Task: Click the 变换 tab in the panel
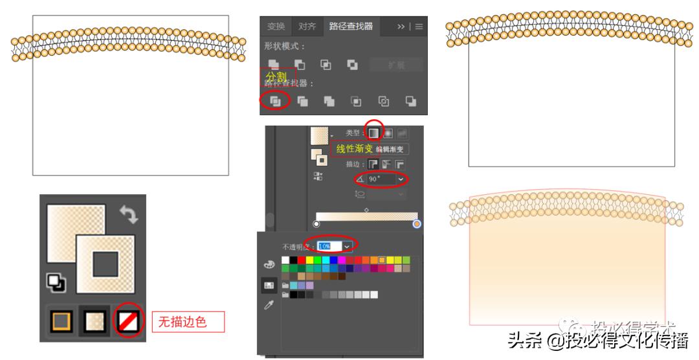click(x=276, y=27)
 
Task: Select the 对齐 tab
click(x=307, y=27)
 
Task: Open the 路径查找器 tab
click(x=351, y=27)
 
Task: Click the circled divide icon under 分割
click(x=275, y=101)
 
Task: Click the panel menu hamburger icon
click(x=419, y=27)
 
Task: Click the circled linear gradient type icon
click(x=374, y=133)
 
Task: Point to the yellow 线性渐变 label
click(x=354, y=149)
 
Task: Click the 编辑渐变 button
click(x=391, y=149)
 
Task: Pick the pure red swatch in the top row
click(x=302, y=260)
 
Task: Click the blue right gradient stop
click(x=417, y=224)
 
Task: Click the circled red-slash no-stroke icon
click(x=128, y=321)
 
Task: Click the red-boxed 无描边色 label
click(x=188, y=322)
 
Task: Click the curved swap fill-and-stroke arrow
click(x=129, y=216)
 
